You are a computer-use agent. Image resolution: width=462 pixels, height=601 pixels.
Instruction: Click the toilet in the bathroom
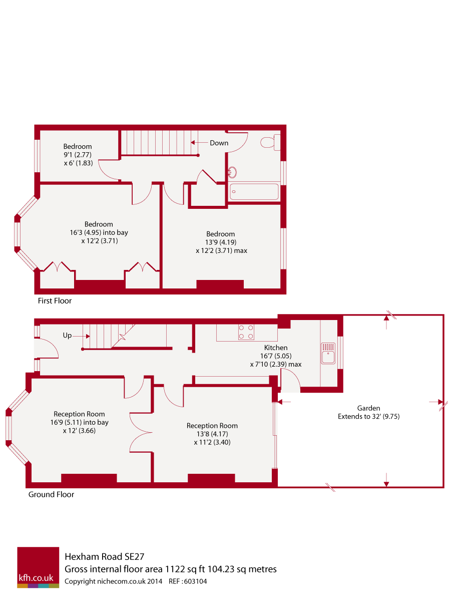pyautogui.click(x=270, y=142)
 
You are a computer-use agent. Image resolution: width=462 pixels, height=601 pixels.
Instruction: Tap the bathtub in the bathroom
pyautogui.click(x=254, y=191)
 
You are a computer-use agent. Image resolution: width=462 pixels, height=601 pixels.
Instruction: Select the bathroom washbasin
pyautogui.click(x=232, y=172)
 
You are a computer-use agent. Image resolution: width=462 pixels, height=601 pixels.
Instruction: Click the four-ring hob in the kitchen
pyautogui.click(x=246, y=332)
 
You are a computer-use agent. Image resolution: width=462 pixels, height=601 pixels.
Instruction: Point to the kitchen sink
pyautogui.click(x=328, y=354)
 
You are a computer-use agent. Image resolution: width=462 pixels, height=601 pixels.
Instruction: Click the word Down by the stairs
pyautogui.click(x=219, y=143)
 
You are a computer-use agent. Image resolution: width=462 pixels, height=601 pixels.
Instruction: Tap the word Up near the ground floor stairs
pyautogui.click(x=67, y=336)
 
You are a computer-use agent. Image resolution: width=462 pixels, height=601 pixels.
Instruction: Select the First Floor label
pyautogui.click(x=55, y=300)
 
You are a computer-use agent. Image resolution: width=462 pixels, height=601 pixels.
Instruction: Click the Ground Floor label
pyautogui.click(x=51, y=494)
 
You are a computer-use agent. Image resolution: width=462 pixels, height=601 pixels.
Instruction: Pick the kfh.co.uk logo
pyautogui.click(x=38, y=567)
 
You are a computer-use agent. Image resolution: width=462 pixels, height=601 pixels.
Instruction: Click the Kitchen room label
pyautogui.click(x=275, y=348)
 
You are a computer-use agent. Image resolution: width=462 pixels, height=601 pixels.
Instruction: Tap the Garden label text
pyautogui.click(x=368, y=408)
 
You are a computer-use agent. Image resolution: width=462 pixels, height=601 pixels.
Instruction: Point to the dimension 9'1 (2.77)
pyautogui.click(x=78, y=155)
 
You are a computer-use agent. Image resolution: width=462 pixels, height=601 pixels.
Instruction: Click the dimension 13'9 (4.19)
pyautogui.click(x=221, y=242)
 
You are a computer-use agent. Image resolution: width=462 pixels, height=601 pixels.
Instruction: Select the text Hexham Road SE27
pyautogui.click(x=105, y=556)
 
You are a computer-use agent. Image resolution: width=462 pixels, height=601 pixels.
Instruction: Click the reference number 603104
pyautogui.click(x=195, y=581)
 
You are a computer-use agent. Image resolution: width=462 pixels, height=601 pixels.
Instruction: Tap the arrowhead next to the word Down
pyautogui.click(x=193, y=142)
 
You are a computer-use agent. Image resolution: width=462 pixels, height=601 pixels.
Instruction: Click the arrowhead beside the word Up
pyautogui.click(x=88, y=337)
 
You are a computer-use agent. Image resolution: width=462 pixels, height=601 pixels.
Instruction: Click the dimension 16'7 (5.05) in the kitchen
pyautogui.click(x=275, y=356)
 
